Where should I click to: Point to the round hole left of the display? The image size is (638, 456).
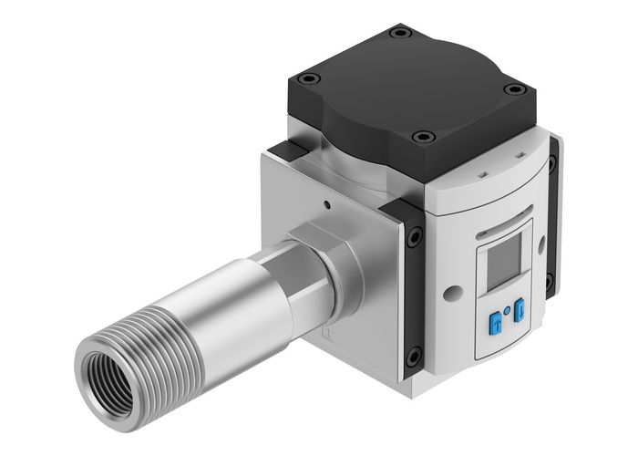pos(448,294)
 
